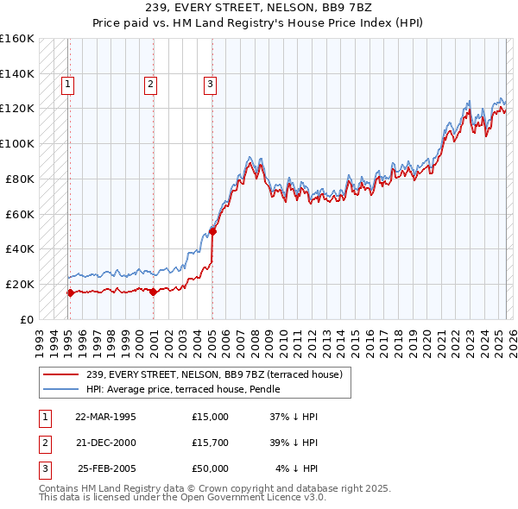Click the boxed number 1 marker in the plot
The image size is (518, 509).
pos(67,85)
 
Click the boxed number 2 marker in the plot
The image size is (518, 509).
pos(150,85)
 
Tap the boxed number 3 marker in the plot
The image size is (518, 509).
pos(210,85)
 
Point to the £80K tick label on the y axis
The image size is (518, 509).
pos(17,179)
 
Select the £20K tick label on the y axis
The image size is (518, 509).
pos(17,284)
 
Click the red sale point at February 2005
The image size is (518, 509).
pos(212,231)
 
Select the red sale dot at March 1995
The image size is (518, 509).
pos(70,292)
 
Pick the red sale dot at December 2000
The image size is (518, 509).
pos(153,292)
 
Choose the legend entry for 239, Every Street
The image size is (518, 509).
pos(214,374)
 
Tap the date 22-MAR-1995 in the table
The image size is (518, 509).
pos(106,417)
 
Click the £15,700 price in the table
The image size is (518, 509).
pos(211,443)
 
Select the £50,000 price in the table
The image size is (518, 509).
pos(211,468)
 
